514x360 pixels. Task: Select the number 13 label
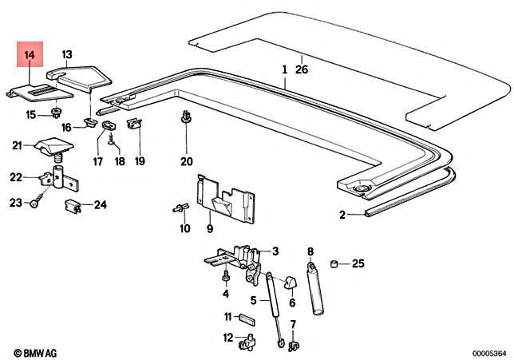tap(66, 53)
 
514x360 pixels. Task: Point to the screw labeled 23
tap(35, 204)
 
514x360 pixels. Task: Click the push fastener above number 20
tap(186, 120)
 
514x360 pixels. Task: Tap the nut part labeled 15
tap(58, 111)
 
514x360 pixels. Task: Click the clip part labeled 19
tap(134, 123)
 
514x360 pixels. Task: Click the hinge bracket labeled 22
tap(49, 177)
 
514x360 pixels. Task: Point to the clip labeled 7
tap(291, 345)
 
